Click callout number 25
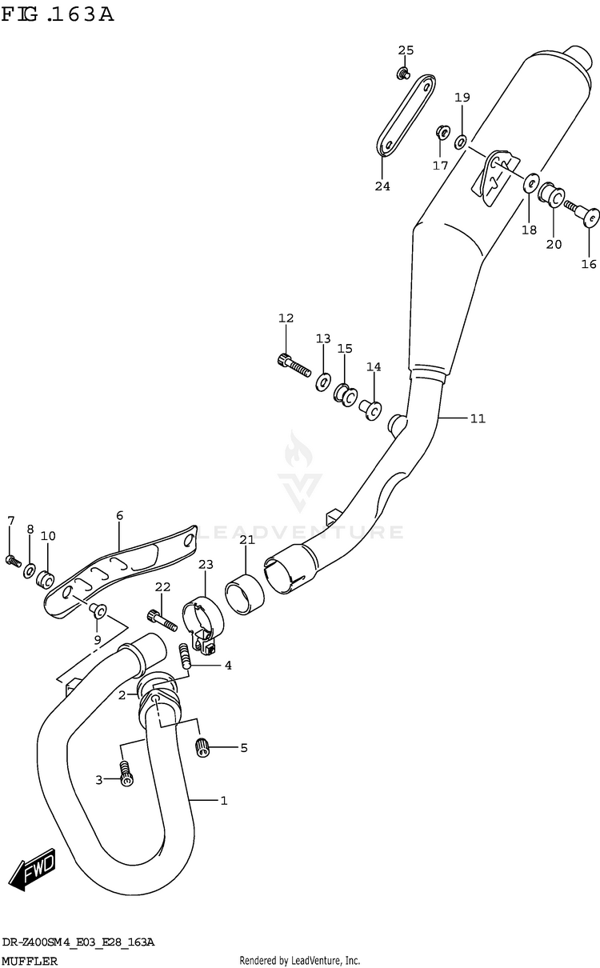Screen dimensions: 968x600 pos(406,51)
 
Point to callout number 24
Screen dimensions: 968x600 pos(382,186)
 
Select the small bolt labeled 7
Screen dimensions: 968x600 pos(12,559)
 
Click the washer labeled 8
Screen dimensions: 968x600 pos(30,570)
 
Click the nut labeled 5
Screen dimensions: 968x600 pos(202,747)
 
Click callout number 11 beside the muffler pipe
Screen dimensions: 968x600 pos(477,418)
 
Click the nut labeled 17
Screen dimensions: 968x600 pos(440,131)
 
